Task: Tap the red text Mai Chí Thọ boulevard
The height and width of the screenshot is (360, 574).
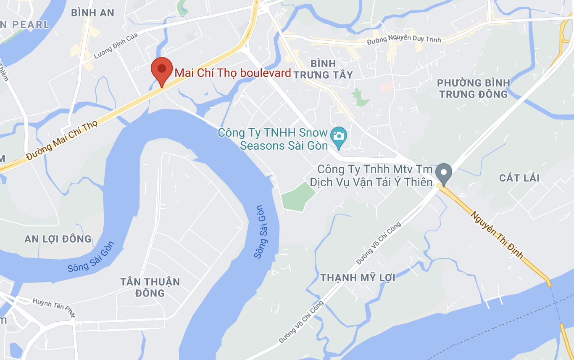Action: [x=233, y=73]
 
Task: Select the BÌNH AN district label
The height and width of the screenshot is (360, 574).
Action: [x=92, y=13]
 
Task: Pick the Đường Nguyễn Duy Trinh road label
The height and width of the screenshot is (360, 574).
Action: [x=404, y=40]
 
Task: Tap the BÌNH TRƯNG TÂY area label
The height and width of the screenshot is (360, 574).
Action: [x=323, y=69]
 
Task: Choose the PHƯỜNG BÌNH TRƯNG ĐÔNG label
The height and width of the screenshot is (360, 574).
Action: [x=473, y=88]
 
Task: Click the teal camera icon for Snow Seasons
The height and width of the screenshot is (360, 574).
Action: [x=338, y=136]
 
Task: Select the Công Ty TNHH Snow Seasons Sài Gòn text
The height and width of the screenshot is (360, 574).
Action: [x=273, y=139]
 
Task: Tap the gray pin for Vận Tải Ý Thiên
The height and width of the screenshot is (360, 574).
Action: [x=443, y=173]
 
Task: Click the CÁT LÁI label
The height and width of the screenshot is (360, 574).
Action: [x=519, y=178]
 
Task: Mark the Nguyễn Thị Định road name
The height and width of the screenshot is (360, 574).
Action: [x=497, y=235]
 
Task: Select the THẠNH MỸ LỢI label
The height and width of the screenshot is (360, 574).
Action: [x=358, y=278]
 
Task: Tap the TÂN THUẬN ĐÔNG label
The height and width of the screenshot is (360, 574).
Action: [x=150, y=287]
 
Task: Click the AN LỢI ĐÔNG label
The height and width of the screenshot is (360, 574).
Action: [x=58, y=239]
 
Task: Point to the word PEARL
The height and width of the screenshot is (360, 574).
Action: [x=31, y=24]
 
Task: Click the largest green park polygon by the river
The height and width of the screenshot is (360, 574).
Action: [x=297, y=197]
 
